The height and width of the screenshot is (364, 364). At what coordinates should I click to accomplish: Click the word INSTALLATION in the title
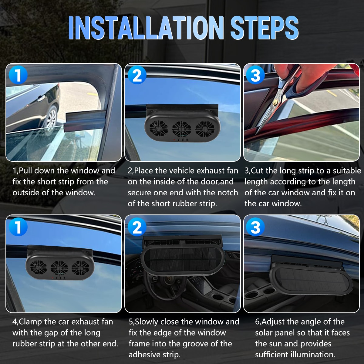tap(146, 28)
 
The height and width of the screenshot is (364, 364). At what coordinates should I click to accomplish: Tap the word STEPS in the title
tap(265, 28)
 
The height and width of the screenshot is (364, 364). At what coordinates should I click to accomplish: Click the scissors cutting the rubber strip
tap(278, 98)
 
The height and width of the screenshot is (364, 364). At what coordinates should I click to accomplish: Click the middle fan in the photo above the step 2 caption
tap(181, 129)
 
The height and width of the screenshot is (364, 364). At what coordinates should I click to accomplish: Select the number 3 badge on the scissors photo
tap(255, 75)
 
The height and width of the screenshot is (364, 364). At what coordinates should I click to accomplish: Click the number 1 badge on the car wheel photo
tap(18, 75)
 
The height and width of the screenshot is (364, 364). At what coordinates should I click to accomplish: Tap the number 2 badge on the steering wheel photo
tap(137, 227)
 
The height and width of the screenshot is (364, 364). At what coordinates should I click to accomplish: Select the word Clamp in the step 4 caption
tap(30, 322)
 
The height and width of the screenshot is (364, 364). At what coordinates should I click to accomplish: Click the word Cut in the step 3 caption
tap(258, 171)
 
